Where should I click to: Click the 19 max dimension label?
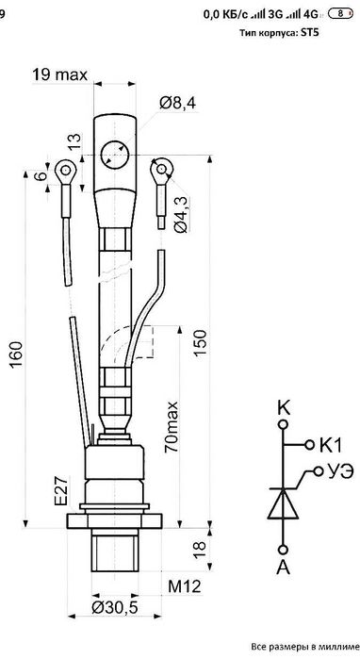59,74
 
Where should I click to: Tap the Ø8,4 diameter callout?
177,103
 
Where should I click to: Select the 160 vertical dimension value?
16,354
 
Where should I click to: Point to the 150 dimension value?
200,342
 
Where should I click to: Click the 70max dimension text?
172,427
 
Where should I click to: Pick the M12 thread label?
185,586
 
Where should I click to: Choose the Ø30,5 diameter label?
114,607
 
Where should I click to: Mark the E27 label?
60,491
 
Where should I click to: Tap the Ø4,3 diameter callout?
181,213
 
